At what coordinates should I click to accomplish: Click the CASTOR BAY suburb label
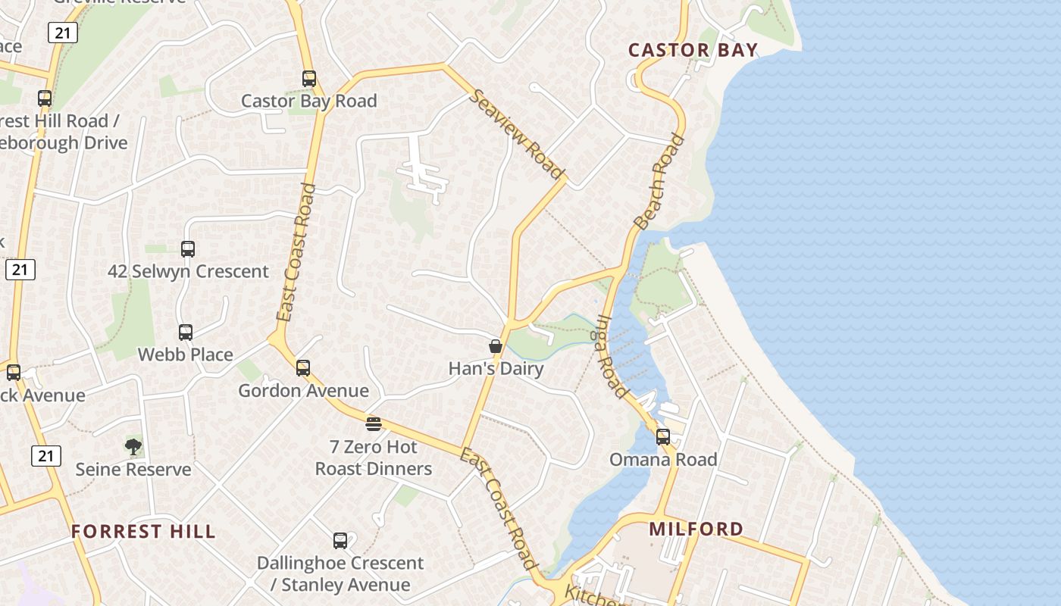point(693,50)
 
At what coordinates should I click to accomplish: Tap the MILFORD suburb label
point(696,528)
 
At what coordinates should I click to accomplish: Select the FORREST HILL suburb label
point(143,531)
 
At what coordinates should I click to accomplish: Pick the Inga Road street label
point(613,357)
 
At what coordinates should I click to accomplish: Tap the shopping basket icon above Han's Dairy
point(496,346)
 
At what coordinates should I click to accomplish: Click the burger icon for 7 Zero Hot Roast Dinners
point(373,423)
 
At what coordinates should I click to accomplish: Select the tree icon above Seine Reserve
point(133,446)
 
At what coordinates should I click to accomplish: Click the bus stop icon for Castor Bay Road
point(308,78)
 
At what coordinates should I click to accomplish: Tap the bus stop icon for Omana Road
point(663,436)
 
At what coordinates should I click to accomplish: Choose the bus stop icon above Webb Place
point(186,332)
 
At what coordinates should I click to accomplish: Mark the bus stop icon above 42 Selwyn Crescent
point(188,248)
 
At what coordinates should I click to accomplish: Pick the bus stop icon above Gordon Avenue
point(303,368)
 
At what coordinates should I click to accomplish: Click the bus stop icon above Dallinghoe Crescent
point(340,540)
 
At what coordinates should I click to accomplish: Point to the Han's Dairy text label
point(496,369)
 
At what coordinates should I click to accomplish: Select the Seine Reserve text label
point(133,470)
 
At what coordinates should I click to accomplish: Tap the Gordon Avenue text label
point(303,391)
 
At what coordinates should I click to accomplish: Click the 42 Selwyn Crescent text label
point(188,271)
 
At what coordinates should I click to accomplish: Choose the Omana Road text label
point(663,460)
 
